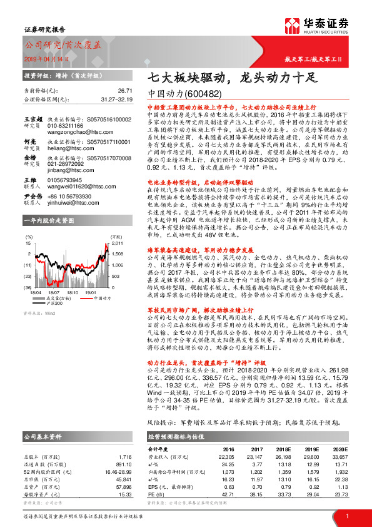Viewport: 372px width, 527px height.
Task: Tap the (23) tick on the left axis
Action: tap(29, 276)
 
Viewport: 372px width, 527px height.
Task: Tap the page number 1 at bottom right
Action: tap(347, 515)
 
